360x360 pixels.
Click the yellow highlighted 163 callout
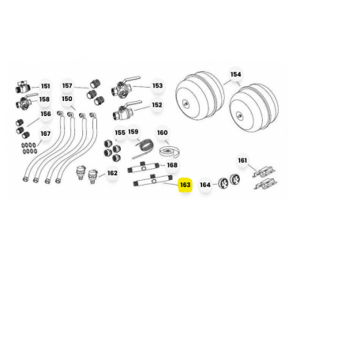click(185, 185)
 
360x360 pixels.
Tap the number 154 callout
click(235, 74)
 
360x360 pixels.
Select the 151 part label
click(45, 86)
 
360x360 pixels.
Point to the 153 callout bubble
click(157, 85)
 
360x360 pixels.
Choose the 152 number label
click(157, 105)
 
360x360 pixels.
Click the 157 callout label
click(67, 85)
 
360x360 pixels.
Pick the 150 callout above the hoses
click(67, 99)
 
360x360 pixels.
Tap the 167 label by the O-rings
click(45, 133)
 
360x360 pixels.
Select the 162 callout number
click(112, 173)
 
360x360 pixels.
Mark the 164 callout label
click(205, 185)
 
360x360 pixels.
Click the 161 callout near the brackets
click(242, 160)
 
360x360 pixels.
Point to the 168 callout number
click(172, 165)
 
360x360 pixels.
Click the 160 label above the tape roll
click(162, 133)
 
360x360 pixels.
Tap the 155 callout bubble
click(120, 133)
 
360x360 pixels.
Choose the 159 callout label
click(133, 131)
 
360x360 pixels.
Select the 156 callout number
click(46, 114)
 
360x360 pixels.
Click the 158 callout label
click(44, 99)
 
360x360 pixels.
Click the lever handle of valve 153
click(133, 79)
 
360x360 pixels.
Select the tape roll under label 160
click(170, 152)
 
